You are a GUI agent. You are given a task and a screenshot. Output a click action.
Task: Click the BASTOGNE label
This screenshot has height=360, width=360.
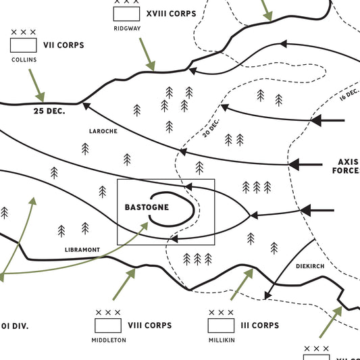(147, 207)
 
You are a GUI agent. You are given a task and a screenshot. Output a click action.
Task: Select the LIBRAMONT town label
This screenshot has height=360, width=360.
(82, 250)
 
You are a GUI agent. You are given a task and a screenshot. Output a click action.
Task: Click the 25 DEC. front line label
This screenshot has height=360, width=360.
(49, 111)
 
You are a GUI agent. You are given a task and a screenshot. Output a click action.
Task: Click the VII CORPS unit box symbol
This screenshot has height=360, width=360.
(23, 45)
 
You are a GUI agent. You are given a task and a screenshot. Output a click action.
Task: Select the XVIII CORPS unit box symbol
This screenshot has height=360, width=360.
(126, 13)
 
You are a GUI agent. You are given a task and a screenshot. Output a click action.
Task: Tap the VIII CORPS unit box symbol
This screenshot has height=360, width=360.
(108, 325)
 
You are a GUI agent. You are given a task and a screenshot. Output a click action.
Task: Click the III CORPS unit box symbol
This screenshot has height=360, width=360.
(221, 325)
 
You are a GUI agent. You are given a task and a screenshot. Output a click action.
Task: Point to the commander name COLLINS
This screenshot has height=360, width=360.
(23, 59)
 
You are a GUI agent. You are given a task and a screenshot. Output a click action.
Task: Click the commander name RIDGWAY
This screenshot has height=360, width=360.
(127, 28)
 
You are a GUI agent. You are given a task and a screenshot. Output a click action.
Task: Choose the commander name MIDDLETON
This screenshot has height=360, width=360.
(109, 340)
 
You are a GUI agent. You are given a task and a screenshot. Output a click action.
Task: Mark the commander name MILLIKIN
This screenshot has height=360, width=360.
(222, 340)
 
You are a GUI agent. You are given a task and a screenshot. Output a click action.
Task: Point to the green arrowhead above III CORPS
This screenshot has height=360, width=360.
(249, 273)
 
